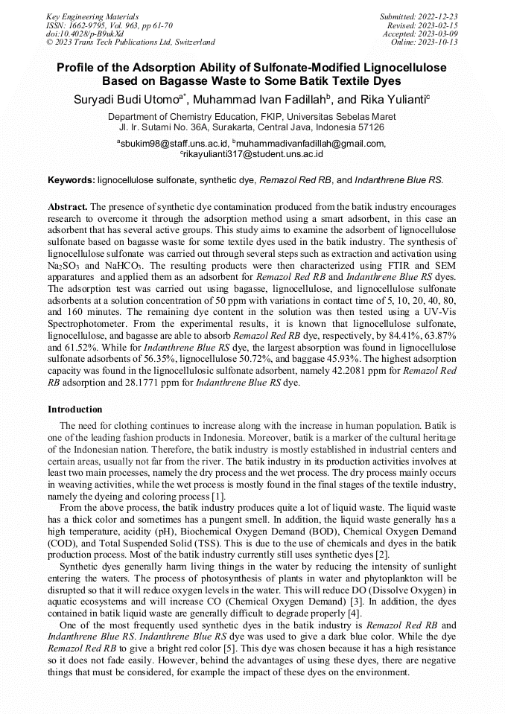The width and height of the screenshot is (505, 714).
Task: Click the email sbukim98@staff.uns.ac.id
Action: click(174, 144)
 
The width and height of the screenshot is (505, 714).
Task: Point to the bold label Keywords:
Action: click(71, 180)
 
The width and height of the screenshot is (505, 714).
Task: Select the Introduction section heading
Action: click(75, 409)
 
